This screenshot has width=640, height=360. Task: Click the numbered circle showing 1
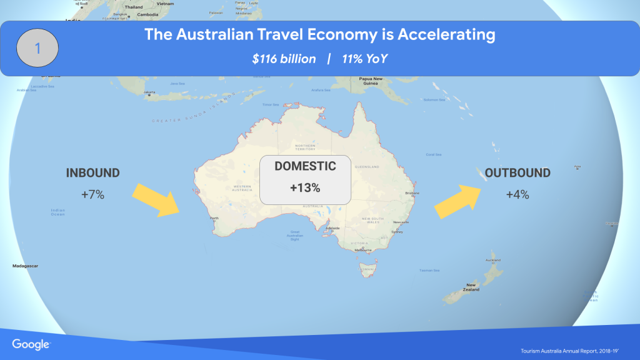[37, 48]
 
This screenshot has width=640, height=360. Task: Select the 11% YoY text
[365, 59]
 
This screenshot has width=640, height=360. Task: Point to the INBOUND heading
[93, 173]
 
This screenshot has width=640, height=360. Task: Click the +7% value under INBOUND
[92, 194]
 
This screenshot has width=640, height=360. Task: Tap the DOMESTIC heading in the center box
[305, 166]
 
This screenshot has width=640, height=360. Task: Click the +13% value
[305, 187]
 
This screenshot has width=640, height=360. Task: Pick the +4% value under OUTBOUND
[517, 194]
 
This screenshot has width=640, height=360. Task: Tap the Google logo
[31, 344]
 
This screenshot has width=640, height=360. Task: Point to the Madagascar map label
[25, 266]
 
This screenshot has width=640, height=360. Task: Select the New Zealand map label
[471, 287]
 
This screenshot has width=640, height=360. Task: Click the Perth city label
[215, 218]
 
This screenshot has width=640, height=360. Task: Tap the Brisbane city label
[412, 193]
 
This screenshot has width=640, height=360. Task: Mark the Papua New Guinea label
[371, 81]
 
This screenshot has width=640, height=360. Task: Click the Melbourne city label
[363, 250]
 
